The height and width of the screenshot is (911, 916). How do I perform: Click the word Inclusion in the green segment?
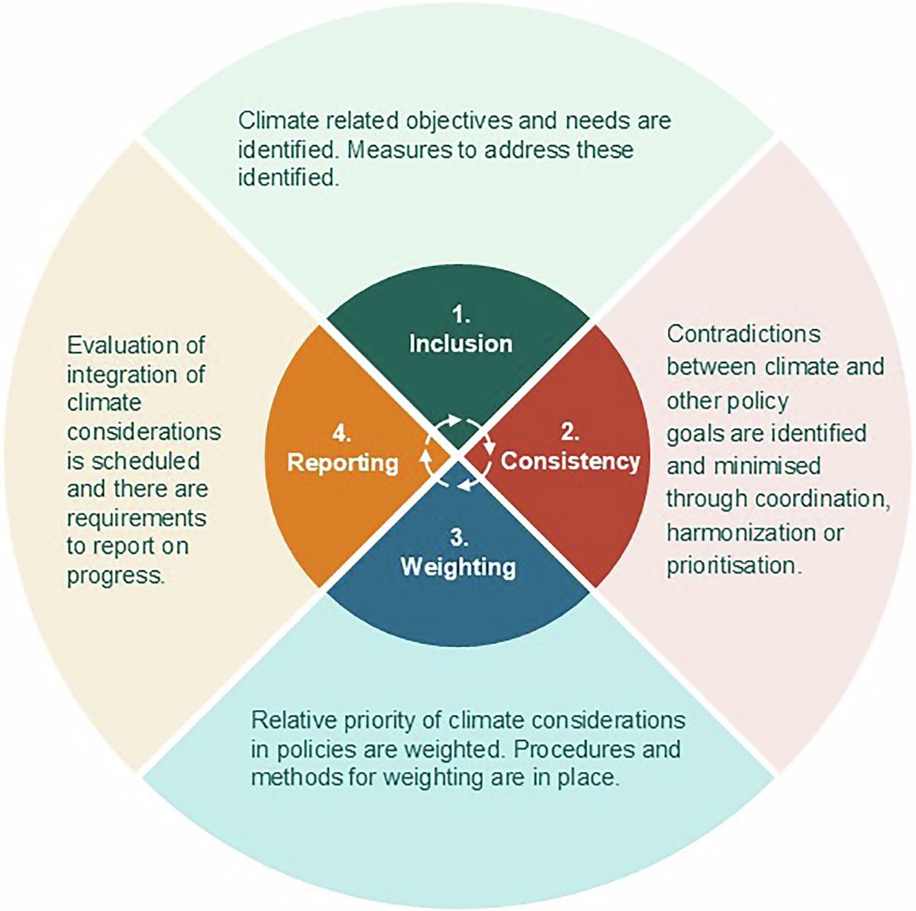pyautogui.click(x=460, y=344)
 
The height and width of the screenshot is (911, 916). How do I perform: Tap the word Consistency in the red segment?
pyautogui.click(x=569, y=461)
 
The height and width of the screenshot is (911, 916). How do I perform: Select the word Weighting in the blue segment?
pyautogui.click(x=458, y=567)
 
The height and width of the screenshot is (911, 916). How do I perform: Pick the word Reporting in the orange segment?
pyautogui.click(x=343, y=463)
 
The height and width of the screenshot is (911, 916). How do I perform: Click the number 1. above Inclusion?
pyautogui.click(x=460, y=315)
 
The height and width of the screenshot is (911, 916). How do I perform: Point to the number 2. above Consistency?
pyautogui.click(x=569, y=432)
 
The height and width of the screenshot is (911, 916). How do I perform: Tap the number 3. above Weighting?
pyautogui.click(x=458, y=538)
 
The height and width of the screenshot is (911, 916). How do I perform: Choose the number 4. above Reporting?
pyautogui.click(x=342, y=434)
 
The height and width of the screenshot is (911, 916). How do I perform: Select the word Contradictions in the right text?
pyautogui.click(x=743, y=334)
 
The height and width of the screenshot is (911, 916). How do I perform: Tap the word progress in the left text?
pyautogui.click(x=115, y=575)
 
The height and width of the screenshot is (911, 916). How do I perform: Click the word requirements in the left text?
pyautogui.click(x=137, y=518)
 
